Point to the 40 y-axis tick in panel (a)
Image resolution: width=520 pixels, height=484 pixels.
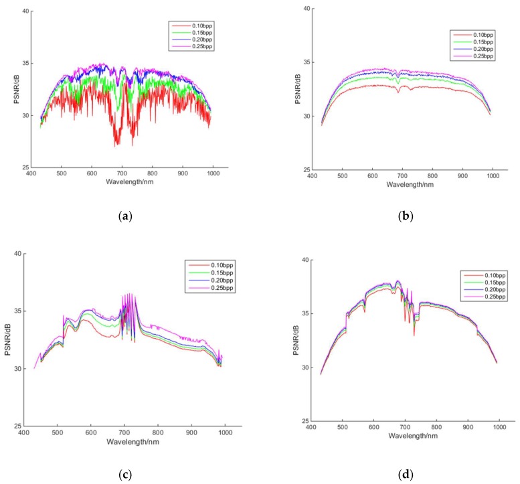tap(24, 11)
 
